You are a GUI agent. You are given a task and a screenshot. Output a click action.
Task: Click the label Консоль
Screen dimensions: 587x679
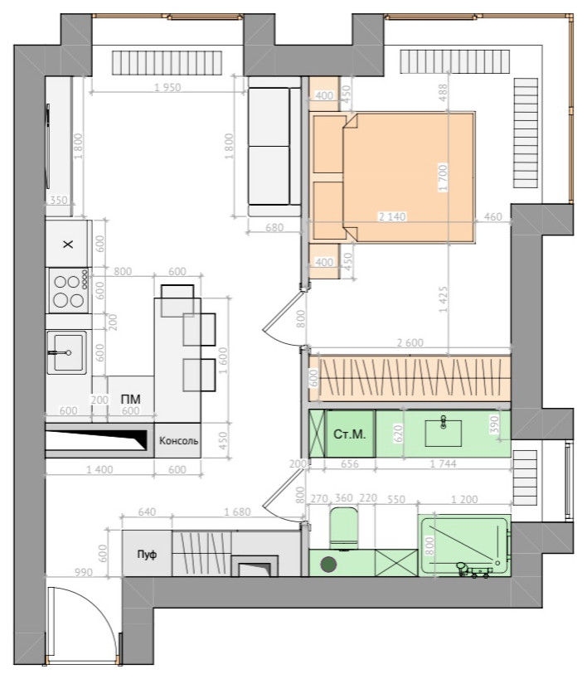[178, 441]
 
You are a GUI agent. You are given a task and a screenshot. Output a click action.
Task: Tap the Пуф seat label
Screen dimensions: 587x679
[147, 555]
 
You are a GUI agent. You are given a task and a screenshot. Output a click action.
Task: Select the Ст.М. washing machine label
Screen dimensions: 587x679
[350, 434]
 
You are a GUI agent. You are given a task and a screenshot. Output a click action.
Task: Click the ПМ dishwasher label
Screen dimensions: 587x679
[130, 399]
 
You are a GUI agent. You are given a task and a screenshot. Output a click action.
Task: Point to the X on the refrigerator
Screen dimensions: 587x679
[68, 245]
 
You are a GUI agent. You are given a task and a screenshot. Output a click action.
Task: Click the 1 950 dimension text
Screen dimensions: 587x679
[167, 88]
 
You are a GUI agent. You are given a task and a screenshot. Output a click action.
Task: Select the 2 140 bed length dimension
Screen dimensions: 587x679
[392, 216]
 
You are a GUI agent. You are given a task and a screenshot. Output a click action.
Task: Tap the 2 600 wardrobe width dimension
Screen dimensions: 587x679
[410, 342]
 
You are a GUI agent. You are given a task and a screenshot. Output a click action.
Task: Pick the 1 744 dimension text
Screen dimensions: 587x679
[444, 463]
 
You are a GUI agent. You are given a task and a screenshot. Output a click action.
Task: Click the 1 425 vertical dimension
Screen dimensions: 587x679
[444, 299]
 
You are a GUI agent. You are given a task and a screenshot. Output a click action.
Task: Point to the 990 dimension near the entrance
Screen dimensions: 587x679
[84, 573]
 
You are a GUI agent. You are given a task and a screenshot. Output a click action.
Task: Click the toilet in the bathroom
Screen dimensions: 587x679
[344, 528]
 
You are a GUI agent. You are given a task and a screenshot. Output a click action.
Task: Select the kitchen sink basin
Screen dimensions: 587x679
[68, 352]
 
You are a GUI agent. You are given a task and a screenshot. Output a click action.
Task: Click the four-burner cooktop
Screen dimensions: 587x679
[69, 290]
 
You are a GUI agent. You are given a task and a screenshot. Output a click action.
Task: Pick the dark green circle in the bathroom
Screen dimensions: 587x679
[328, 565]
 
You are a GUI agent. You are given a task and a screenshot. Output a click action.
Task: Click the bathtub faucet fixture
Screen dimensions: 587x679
[473, 570]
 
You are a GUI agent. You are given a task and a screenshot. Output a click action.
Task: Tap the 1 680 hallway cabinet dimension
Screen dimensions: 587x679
[237, 512]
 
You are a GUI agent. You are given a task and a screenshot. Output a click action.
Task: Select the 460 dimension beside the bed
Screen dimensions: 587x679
[493, 216]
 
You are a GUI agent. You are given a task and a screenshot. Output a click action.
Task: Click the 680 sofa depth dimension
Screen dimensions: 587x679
[274, 227]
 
